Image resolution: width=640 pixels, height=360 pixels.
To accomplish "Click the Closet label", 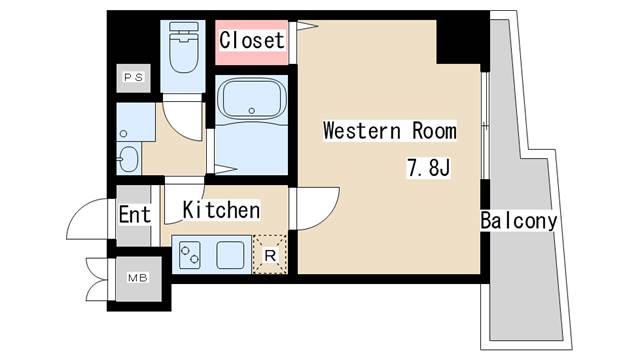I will (x=252, y=41).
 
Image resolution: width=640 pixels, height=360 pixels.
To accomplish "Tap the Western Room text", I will (x=389, y=131).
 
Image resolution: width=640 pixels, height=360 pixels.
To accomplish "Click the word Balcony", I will (x=518, y=220).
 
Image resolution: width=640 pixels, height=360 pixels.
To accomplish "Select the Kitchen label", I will (x=221, y=210).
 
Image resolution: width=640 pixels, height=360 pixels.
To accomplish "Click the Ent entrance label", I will (x=134, y=215).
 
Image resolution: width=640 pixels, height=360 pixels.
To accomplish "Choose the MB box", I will (x=133, y=276).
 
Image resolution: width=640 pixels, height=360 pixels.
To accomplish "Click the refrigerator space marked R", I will (x=271, y=254).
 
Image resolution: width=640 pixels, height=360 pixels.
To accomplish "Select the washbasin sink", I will (x=129, y=157).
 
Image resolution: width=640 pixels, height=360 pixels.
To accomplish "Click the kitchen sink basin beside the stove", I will (x=231, y=254).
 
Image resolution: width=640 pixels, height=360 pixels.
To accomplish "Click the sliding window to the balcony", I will (x=486, y=127).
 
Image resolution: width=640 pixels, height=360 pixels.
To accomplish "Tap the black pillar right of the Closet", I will (x=460, y=40).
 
